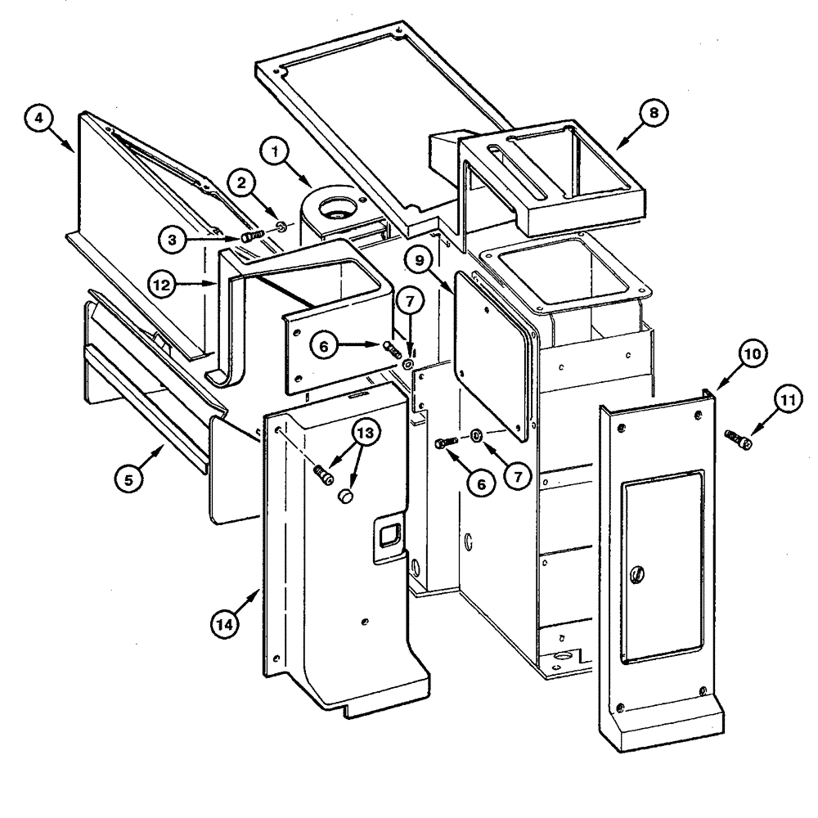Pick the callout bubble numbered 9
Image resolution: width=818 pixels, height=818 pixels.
click(417, 261)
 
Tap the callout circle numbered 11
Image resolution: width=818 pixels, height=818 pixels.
click(787, 402)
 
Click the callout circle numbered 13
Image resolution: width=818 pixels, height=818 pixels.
click(366, 433)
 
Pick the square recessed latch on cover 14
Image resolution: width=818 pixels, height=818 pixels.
click(388, 536)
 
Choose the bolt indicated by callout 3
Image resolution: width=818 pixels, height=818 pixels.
click(250, 236)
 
